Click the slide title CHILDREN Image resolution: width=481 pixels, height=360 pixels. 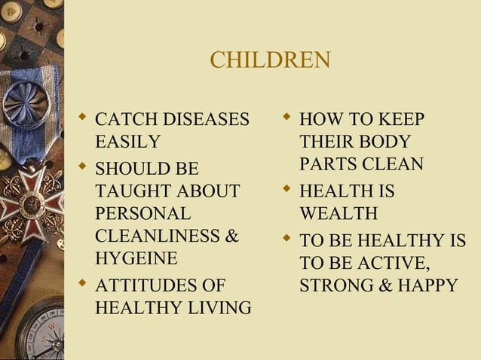(x=269, y=60)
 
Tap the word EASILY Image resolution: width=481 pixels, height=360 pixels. (x=128, y=141)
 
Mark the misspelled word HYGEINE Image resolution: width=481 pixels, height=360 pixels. (x=137, y=258)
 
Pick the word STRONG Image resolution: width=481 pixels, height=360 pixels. (x=335, y=286)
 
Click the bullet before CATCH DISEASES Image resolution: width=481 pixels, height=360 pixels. (x=83, y=118)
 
